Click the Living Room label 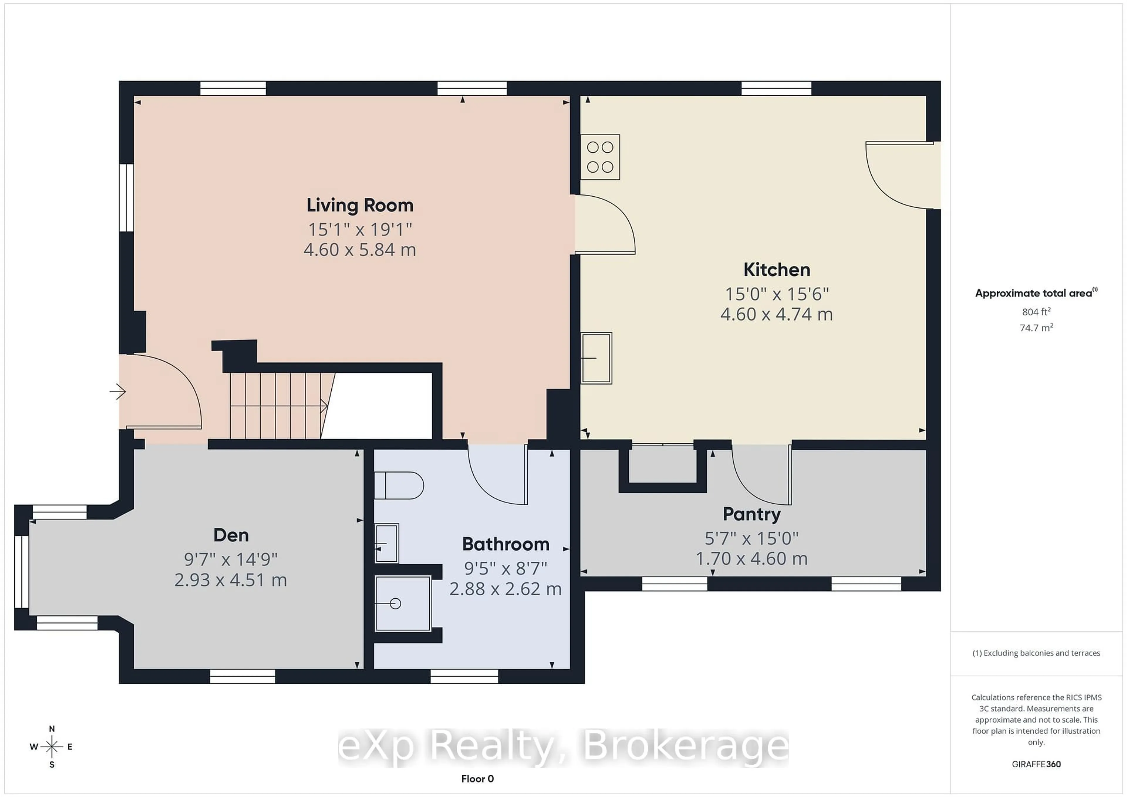[x=360, y=205]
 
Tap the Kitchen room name [x=777, y=269]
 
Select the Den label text [x=231, y=535]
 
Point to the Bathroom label [x=506, y=544]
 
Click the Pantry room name [x=752, y=514]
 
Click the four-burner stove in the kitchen [x=600, y=157]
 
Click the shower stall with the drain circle [x=402, y=603]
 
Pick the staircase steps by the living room [x=277, y=405]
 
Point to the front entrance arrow [x=117, y=392]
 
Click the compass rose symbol [x=52, y=747]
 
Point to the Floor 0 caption [x=477, y=779]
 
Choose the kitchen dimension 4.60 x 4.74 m [x=777, y=314]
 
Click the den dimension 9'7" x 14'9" [x=231, y=559]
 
